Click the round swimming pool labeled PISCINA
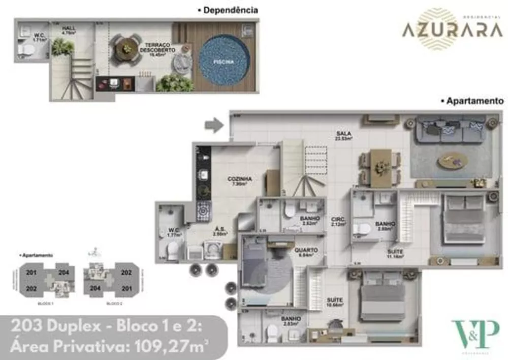tap(224, 61)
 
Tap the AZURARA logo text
tap(452, 31)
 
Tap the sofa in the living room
tap(450, 130)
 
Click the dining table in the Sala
tap(380, 167)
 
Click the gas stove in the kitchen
tap(204, 210)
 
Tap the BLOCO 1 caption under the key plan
tap(46, 303)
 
